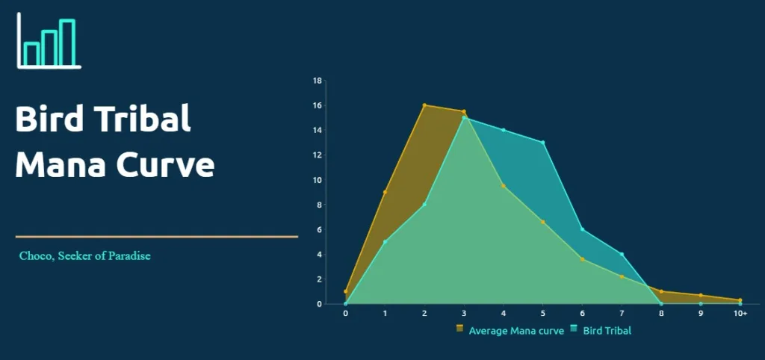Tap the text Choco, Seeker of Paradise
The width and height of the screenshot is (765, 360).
click(85, 255)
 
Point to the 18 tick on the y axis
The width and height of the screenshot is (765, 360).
click(317, 81)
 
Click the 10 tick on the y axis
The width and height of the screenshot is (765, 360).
click(317, 180)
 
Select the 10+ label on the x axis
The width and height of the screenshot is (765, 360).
click(740, 313)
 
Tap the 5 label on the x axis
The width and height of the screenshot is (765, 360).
click(543, 313)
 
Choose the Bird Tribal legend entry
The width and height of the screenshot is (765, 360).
click(601, 330)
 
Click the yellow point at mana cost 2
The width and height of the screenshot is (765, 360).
click(424, 105)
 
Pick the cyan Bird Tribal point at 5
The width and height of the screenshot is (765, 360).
click(543, 143)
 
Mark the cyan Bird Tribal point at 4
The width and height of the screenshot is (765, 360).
click(504, 130)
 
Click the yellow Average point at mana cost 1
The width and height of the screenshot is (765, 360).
click(385, 192)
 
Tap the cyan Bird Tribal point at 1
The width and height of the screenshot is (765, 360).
click(385, 242)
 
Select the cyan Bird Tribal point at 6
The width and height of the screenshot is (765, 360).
click(583, 229)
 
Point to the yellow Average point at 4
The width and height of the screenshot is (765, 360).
click(504, 186)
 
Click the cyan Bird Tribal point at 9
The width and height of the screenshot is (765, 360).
click(701, 304)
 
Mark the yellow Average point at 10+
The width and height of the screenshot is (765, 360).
click(740, 300)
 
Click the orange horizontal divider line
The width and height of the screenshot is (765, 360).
click(157, 237)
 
